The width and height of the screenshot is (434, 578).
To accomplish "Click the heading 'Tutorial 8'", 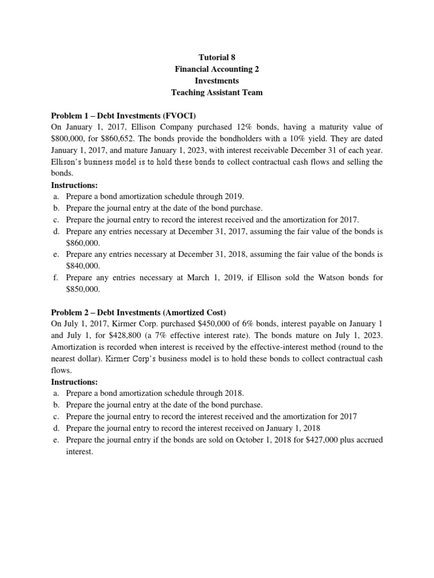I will pos(217,58).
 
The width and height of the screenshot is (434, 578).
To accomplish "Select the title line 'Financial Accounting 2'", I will pos(217,69).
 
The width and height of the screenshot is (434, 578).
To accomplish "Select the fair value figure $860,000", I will pos(83,243).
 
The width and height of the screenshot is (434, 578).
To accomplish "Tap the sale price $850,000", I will pos(83,289).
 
